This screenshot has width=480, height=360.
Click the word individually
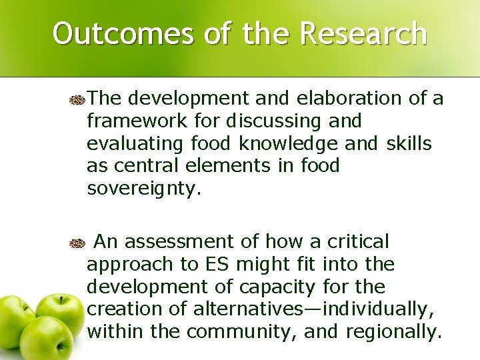pos(380,309)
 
